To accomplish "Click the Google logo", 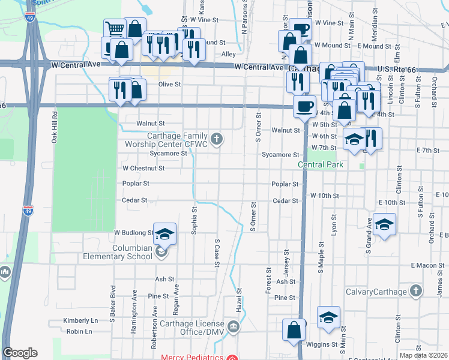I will coord(20,353).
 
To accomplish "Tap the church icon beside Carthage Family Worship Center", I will coord(218,140).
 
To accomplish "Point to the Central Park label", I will coord(321,164).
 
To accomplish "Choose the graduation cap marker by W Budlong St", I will coord(165,234).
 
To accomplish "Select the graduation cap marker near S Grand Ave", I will coord(384,224).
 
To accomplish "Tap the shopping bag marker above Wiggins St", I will coord(294,329).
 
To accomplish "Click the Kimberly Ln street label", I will coord(80,321).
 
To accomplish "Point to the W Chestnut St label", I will coord(143,169).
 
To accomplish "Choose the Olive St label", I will coord(169,85).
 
